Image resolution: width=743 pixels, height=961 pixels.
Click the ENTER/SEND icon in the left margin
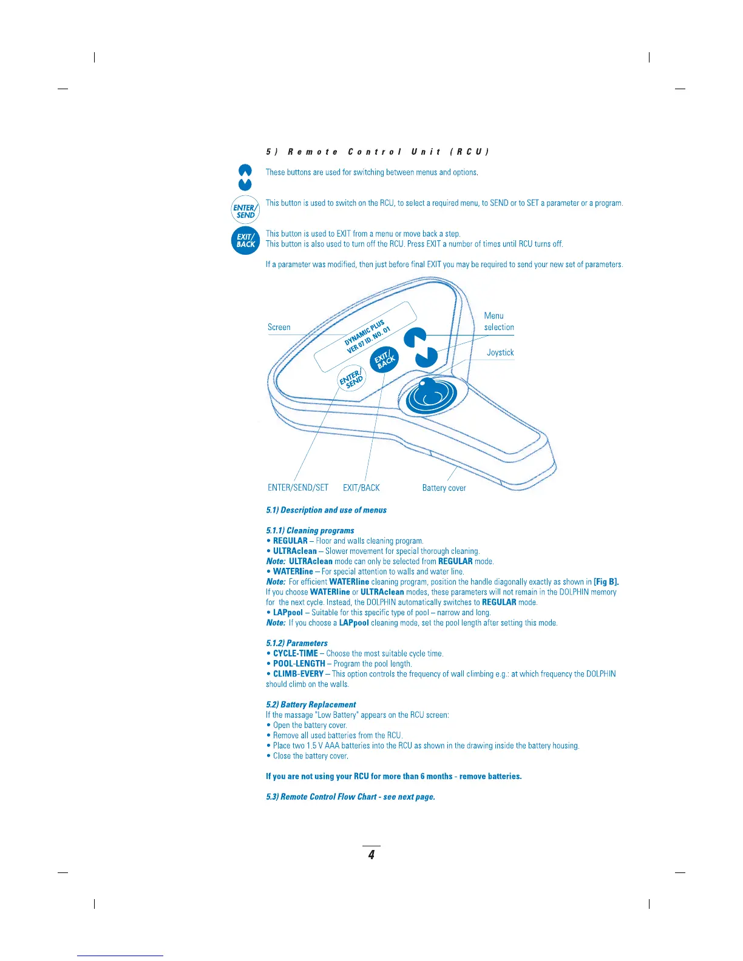click(245, 211)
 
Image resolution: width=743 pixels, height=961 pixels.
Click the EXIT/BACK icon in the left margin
click(245, 241)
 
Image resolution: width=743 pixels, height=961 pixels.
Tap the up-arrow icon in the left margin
click(245, 171)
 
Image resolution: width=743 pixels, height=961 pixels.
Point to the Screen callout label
click(279, 328)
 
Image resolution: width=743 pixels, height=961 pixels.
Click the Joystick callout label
click(500, 352)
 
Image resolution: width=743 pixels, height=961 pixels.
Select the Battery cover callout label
click(444, 488)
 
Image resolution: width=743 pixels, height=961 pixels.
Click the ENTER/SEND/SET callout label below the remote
click(297, 488)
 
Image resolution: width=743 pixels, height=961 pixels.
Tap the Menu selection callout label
click(498, 322)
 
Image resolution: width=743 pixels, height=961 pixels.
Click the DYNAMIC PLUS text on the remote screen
click(364, 331)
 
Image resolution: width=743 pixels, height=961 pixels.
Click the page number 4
click(371, 855)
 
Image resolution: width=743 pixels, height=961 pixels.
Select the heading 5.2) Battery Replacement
click(311, 704)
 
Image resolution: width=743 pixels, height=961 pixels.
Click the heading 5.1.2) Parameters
click(297, 643)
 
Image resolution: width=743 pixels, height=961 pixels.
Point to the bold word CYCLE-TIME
click(295, 653)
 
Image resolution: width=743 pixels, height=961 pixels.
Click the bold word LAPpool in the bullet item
click(288, 613)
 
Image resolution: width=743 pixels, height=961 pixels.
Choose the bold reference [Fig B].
click(606, 582)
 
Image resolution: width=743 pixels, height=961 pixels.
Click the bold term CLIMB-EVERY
click(298, 674)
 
